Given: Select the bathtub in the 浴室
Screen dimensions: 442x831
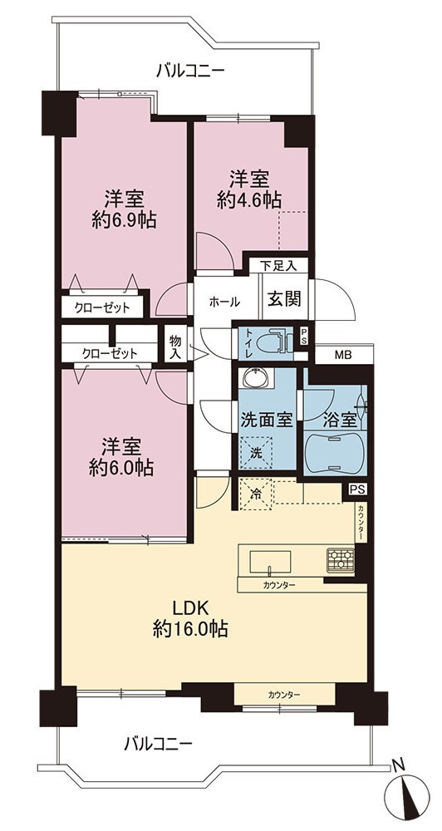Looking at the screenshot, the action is [x=335, y=450].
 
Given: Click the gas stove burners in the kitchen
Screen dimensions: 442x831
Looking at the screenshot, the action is [x=341, y=560].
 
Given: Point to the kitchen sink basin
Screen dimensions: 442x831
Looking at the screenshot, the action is [x=270, y=561].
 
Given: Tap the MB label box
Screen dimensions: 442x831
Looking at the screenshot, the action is [x=342, y=356].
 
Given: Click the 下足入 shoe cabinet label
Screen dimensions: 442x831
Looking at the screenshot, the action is [x=278, y=265].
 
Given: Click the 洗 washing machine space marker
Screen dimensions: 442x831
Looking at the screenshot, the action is [x=257, y=453].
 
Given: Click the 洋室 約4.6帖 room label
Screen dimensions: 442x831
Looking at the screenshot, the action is [x=249, y=189].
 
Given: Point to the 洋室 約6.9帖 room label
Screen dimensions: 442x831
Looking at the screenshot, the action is [x=124, y=209].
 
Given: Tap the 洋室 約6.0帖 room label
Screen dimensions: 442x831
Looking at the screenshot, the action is [x=121, y=456].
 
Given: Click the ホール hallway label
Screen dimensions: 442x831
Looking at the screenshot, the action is [x=224, y=302].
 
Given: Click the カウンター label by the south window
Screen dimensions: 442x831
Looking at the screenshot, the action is [x=284, y=694].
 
